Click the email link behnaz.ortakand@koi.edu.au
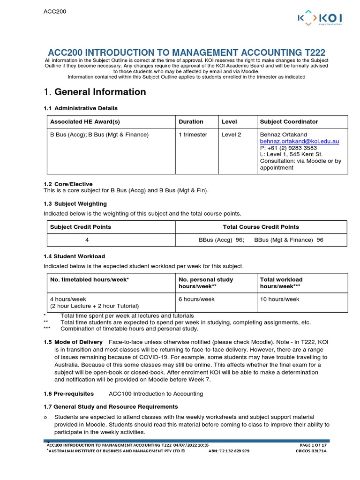pyautogui.click(x=300, y=141)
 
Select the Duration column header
pyautogui.click(x=191, y=121)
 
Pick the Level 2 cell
pyautogui.click(x=232, y=135)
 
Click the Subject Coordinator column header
pyautogui.click(x=289, y=121)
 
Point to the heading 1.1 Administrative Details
pyautogui.click(x=80, y=108)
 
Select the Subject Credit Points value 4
pyautogui.click(x=87, y=240)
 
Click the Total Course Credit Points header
pyautogui.click(x=261, y=227)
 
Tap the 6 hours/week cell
pyautogui.click(x=196, y=299)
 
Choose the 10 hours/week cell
pyautogui.click(x=279, y=299)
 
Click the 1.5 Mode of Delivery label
pyautogui.click(x=73, y=342)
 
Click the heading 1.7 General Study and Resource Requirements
pyautogui.click(x=111, y=406)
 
